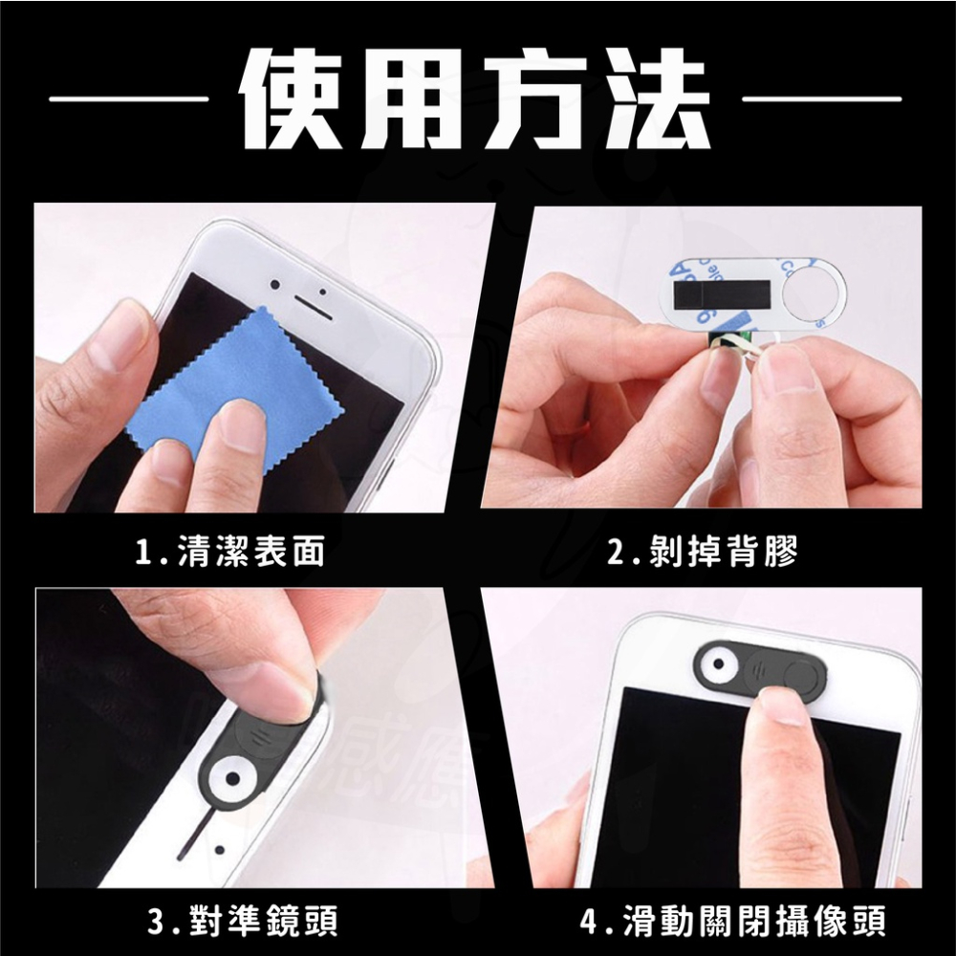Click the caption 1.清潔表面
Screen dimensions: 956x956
[229, 552]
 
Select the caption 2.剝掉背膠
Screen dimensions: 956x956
[703, 552]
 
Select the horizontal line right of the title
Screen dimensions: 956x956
[821, 98]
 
